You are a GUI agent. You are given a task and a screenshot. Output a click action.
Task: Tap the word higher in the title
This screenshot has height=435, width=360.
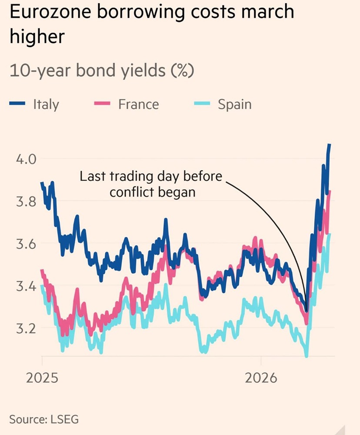coord(37,37)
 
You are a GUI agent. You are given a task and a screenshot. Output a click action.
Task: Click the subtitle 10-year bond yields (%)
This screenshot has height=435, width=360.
coord(101,71)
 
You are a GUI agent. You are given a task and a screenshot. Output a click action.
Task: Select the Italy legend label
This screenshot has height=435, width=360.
coord(46,104)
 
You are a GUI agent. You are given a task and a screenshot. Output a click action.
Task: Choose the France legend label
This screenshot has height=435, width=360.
coord(138,104)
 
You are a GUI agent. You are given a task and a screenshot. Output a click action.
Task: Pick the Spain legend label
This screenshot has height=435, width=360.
coord(235,104)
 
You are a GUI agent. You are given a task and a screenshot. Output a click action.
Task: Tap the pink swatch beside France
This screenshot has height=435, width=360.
coord(103,104)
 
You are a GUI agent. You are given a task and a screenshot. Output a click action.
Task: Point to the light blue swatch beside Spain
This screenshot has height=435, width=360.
coord(203,104)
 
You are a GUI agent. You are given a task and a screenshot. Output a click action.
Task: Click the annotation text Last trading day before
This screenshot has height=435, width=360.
coord(151,177)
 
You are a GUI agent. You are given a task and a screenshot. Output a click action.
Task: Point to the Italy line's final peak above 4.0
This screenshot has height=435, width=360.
coord(330,144)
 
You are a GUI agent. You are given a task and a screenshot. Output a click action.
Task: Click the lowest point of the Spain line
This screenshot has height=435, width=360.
coord(307,356)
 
